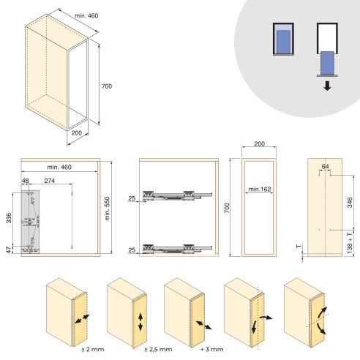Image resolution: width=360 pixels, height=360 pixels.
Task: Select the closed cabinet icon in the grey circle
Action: point(282,38)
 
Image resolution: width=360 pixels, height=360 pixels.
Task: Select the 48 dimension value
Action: point(26,180)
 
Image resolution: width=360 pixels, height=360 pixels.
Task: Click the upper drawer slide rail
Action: point(179,195)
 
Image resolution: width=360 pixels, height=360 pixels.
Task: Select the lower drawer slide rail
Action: point(179,247)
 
